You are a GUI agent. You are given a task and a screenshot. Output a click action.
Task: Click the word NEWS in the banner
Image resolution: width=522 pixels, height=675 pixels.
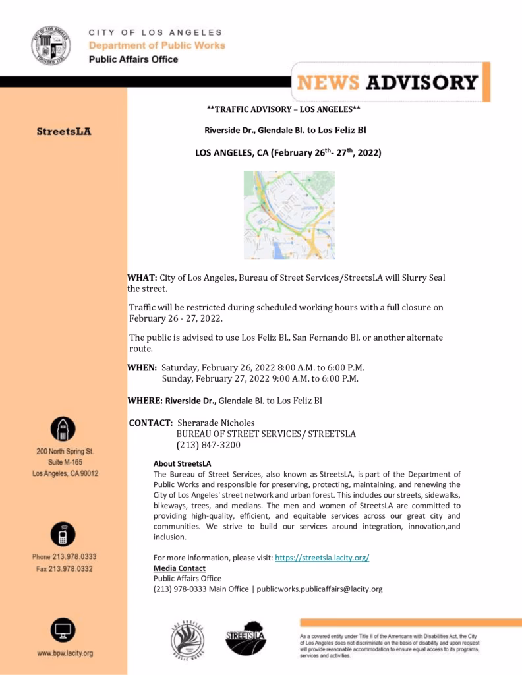(x=328, y=82)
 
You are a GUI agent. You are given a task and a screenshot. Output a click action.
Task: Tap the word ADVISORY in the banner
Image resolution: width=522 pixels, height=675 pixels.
(x=421, y=82)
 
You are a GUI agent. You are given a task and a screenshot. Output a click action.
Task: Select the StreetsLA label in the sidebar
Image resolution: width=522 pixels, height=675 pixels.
(x=64, y=132)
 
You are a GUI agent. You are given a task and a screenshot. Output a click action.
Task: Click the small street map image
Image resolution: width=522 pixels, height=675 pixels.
(x=289, y=215)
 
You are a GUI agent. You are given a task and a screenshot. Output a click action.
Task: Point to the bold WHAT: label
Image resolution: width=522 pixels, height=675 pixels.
(x=142, y=278)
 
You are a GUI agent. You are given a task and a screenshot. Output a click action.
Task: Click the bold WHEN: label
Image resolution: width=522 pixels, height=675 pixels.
(x=142, y=367)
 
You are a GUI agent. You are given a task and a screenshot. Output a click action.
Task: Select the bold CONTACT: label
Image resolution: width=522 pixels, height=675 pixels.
(x=152, y=423)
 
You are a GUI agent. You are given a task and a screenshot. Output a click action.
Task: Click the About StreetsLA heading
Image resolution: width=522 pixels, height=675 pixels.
(x=182, y=463)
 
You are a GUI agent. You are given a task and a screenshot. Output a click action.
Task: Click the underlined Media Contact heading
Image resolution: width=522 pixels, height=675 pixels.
(x=179, y=568)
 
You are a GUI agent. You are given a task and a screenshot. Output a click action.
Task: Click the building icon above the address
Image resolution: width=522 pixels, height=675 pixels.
(x=63, y=430)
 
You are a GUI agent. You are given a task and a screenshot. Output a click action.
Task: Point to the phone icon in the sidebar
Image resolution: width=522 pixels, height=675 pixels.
(x=63, y=534)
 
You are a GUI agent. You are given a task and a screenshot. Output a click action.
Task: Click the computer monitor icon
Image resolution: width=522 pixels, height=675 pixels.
(x=63, y=630)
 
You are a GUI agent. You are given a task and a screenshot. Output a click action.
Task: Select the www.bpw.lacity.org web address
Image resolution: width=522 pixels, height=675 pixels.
(x=65, y=653)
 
